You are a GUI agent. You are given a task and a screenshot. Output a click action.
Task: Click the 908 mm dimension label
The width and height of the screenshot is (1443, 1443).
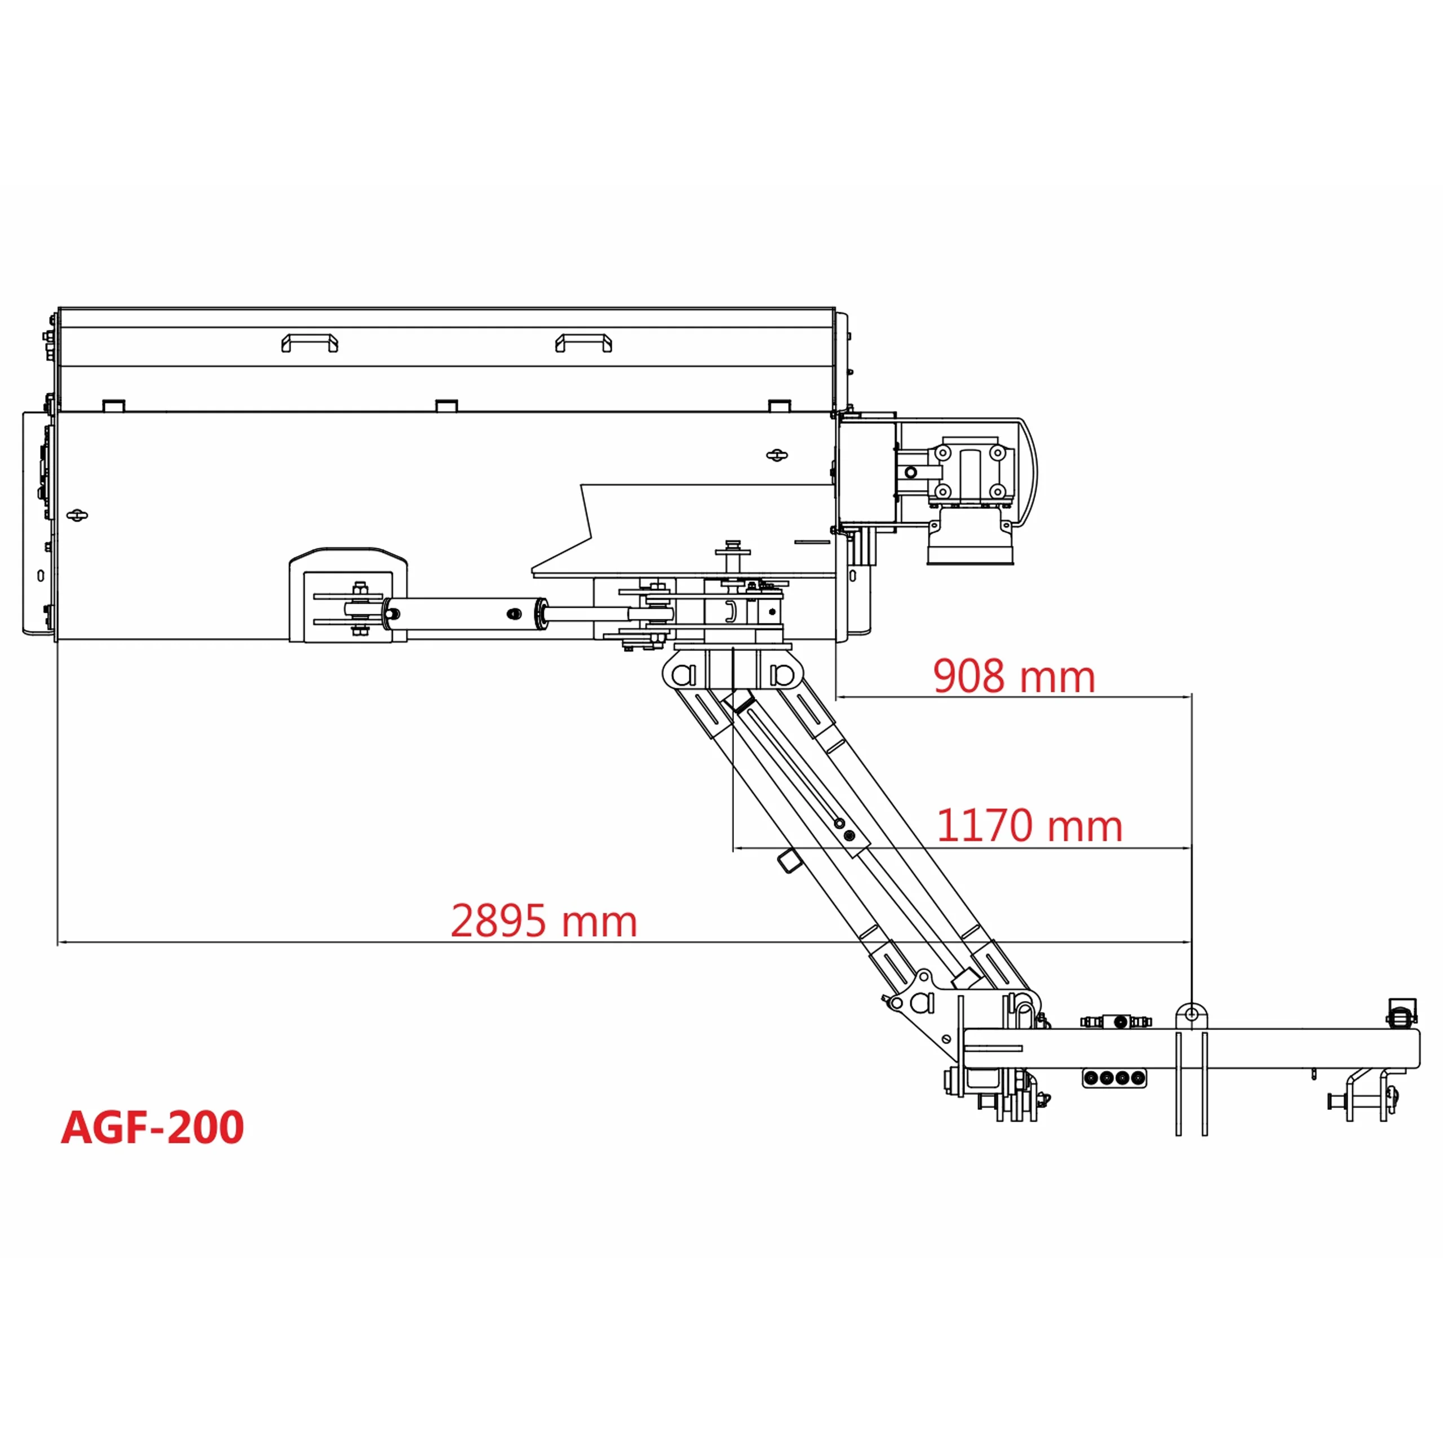coord(1013,676)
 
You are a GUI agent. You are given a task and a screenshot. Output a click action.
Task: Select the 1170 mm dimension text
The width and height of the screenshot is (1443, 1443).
coord(1029,826)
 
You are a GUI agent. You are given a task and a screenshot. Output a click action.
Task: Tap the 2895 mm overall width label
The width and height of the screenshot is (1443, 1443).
coord(544,921)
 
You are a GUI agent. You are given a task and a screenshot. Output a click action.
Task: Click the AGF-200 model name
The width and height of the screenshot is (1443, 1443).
coord(152,1128)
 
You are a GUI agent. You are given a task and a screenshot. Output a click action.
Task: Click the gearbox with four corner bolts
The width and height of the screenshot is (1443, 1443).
coord(970,472)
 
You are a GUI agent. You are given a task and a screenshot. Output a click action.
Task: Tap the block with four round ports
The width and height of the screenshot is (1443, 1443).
coord(1114,1078)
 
